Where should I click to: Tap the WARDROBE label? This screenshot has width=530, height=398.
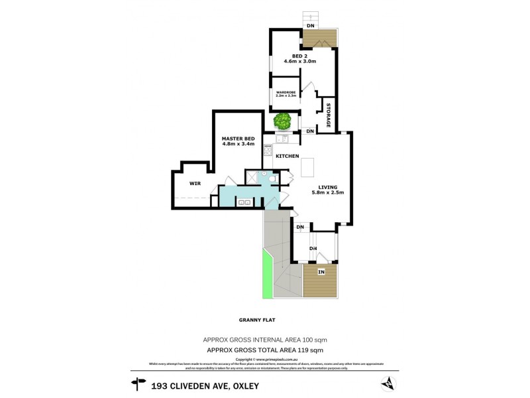pyautogui.click(x=286, y=92)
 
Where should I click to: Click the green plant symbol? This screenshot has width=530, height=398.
pyautogui.click(x=283, y=121)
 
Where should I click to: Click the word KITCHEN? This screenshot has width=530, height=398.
pyautogui.click(x=288, y=156)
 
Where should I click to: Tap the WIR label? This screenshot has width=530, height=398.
pyautogui.click(x=195, y=182)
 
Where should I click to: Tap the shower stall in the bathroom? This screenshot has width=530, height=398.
pyautogui.click(x=252, y=176)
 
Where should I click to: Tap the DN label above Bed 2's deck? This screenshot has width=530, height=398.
pyautogui.click(x=311, y=25)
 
